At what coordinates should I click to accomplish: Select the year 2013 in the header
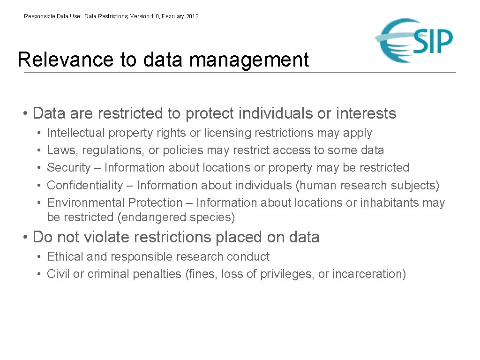(192, 16)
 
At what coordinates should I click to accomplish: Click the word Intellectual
(76, 133)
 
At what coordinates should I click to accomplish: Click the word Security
(69, 168)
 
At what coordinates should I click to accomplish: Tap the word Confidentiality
(85, 186)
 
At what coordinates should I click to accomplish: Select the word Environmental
(85, 203)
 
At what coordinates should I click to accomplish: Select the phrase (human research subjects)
(367, 186)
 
